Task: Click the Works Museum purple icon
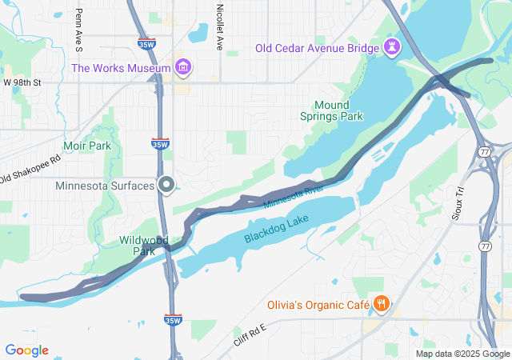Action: click(183, 66)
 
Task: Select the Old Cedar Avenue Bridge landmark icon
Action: click(392, 47)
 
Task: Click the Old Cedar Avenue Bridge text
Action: click(317, 48)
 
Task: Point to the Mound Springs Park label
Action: click(338, 110)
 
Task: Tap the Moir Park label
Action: click(87, 146)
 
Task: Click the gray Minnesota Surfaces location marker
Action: click(166, 186)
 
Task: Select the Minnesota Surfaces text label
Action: click(105, 186)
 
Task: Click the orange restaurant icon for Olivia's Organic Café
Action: click(382, 304)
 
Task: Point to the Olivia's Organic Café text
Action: click(318, 305)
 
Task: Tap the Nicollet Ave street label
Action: click(220, 26)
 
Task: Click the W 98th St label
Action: click(22, 83)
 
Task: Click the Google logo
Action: click(26, 350)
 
